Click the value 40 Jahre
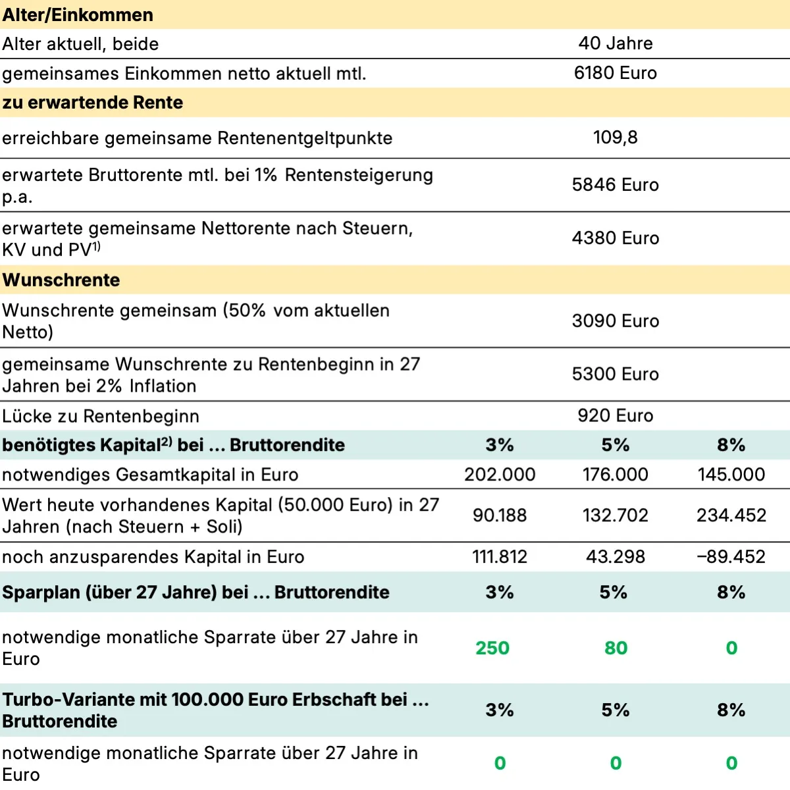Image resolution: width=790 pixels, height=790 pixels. coord(616,43)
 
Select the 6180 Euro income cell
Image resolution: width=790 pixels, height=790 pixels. coord(616,73)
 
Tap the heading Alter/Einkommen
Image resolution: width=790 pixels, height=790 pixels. coord(78,14)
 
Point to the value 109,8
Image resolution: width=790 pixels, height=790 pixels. coord(616,138)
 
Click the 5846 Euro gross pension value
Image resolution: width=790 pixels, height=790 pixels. coord(616,185)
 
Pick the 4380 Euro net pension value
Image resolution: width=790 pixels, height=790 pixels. coord(616,238)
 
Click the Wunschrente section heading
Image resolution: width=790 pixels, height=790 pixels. coord(61,280)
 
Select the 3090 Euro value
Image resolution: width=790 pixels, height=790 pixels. coord(616,321)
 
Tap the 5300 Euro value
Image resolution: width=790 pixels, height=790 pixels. coord(616,375)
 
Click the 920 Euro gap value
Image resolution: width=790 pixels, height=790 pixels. coord(616,416)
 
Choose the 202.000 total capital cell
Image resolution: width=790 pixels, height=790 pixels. coord(500,475)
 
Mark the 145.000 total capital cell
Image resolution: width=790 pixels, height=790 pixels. coord(731,475)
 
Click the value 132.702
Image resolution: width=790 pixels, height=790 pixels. coord(616,515)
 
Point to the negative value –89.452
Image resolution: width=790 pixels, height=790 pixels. coord(731,557)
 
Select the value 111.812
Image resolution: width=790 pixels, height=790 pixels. coord(500,557)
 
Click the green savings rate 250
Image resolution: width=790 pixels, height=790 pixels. coord(492,648)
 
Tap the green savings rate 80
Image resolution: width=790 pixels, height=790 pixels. coord(616,648)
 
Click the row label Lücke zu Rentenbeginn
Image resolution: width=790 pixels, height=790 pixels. coord(101,416)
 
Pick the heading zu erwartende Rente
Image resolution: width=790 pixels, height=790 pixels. coord(93,103)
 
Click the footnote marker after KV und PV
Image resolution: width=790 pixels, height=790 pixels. coord(96,246)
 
